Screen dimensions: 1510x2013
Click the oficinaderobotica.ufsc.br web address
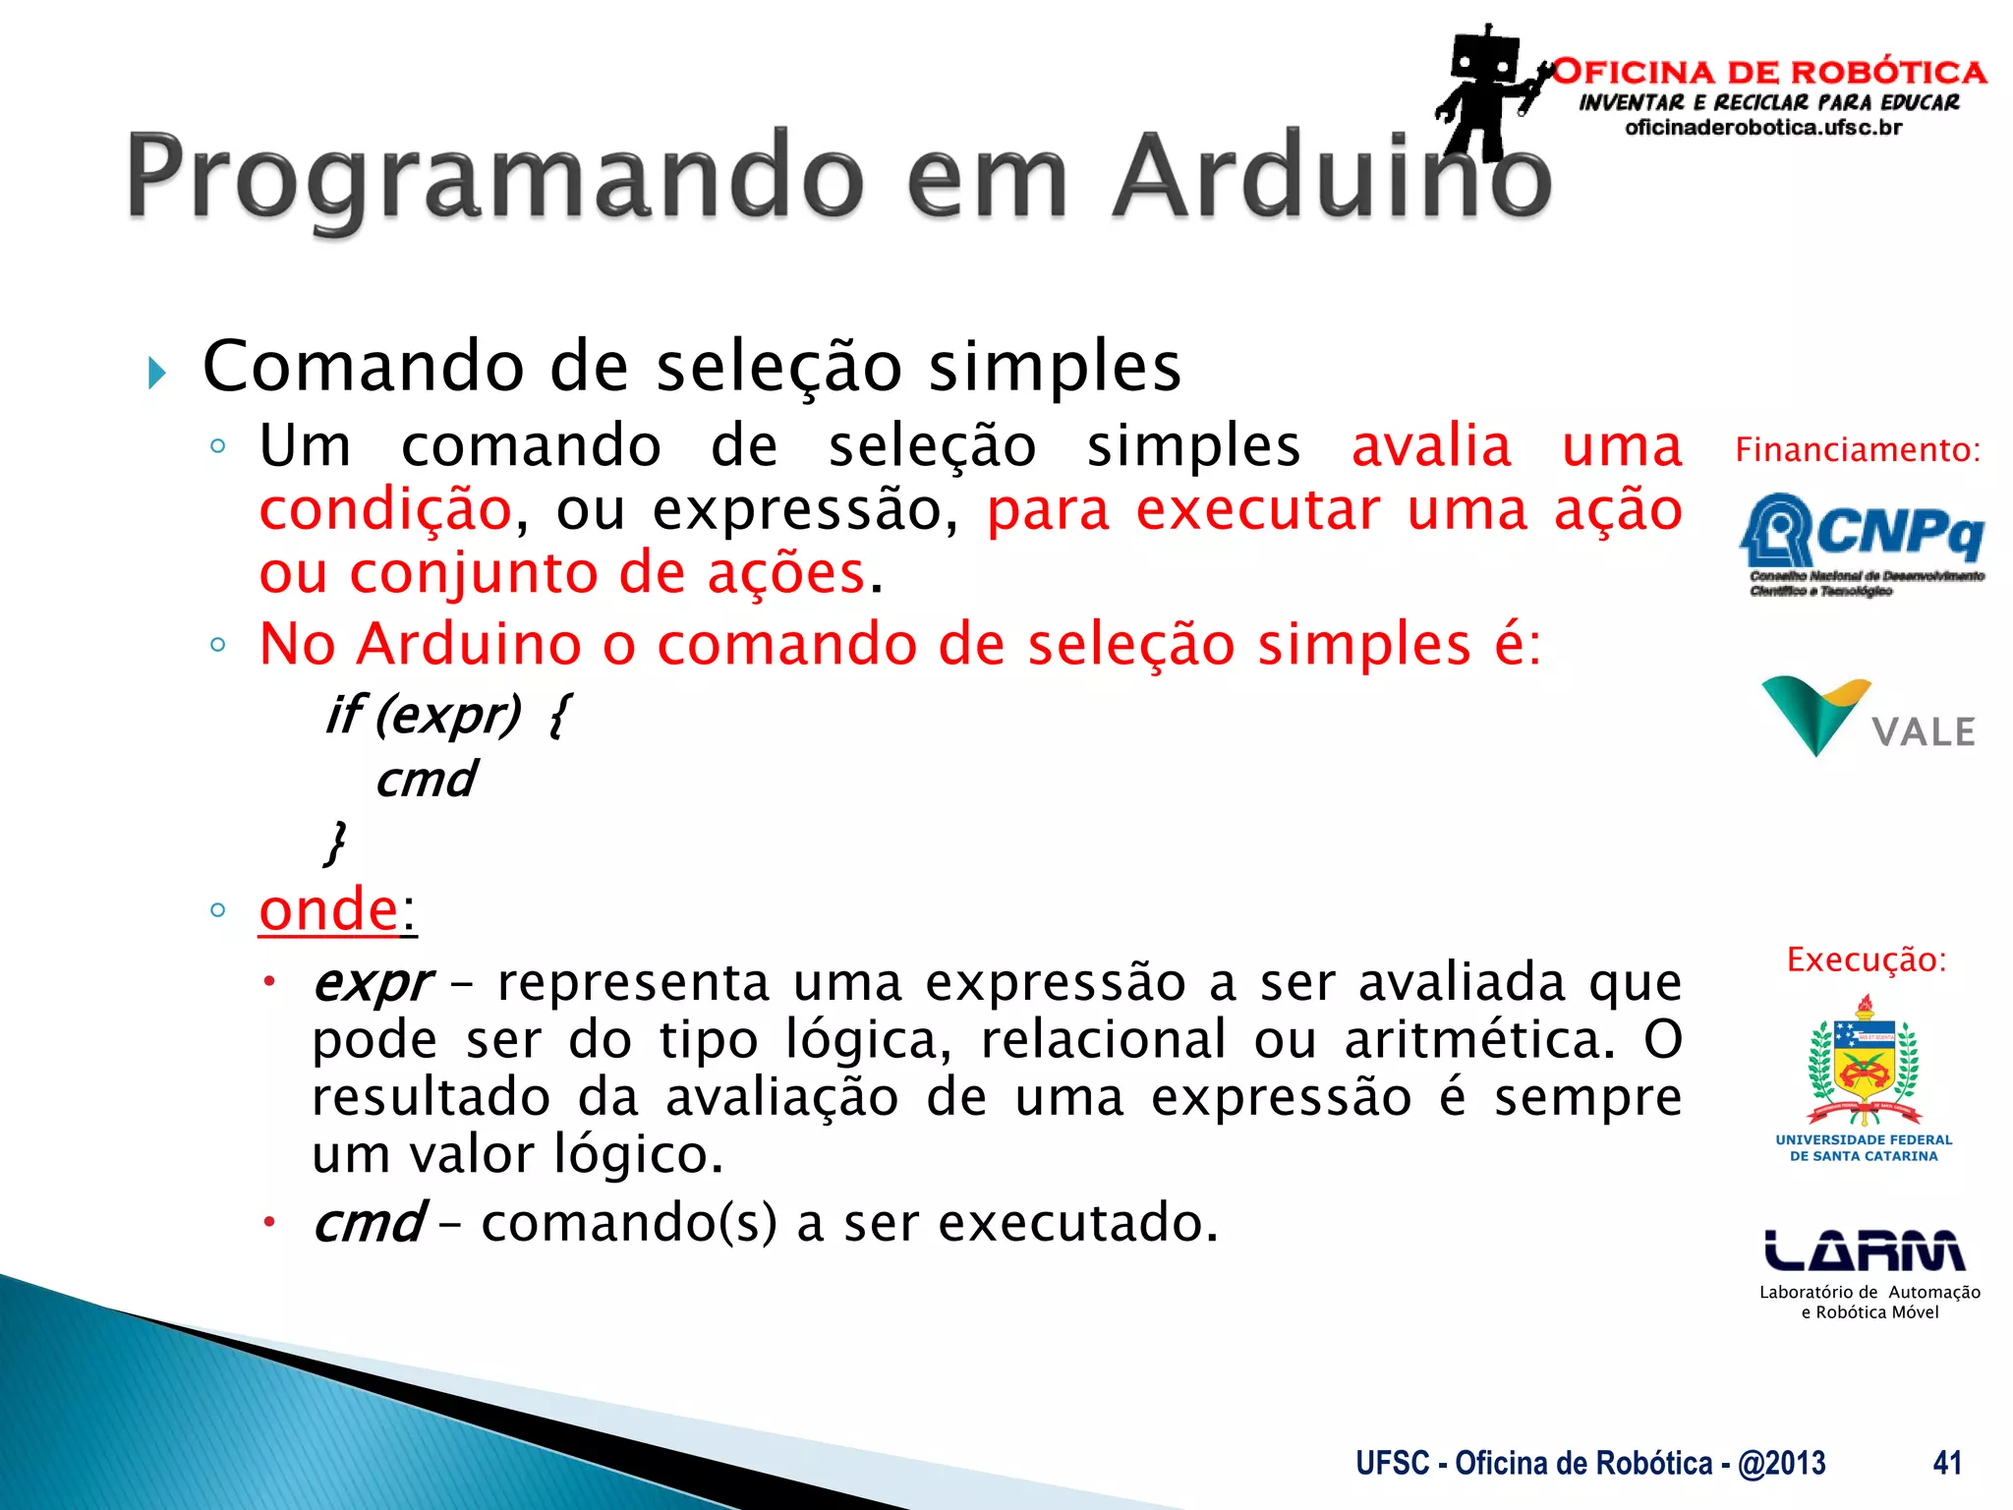1763,128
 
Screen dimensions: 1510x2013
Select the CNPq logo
1862,541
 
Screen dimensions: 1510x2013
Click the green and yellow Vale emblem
1814,712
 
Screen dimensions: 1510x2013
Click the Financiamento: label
1857,450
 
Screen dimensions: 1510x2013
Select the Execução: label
1866,959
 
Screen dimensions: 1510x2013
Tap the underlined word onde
328,909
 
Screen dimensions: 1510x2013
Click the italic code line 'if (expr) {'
448,714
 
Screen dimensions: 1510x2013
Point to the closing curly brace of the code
335,842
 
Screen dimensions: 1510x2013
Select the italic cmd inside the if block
426,780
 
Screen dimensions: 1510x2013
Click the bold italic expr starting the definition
372,983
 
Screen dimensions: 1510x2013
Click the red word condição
384,510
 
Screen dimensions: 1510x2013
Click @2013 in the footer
1781,1463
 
